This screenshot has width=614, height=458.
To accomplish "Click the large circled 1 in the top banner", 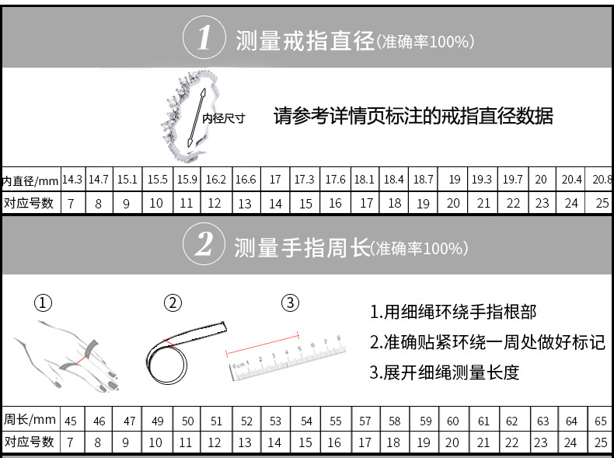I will [204, 38].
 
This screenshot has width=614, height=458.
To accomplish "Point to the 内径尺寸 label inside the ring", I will [224, 118].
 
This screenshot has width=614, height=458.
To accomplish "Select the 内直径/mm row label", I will [30, 180].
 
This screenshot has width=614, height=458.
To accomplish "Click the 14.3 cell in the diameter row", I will [72, 180].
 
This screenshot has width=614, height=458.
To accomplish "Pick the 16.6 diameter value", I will [246, 180].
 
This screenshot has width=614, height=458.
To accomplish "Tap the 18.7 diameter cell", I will [424, 180].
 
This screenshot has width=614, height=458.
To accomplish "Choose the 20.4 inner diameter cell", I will [572, 180].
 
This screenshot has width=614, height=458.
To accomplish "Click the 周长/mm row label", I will [30, 420].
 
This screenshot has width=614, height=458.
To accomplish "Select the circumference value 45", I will [71, 421].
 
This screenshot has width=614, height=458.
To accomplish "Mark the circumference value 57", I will [365, 421].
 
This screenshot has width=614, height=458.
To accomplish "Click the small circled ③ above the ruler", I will [290, 302].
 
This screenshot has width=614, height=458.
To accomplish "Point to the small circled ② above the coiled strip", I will [173, 302].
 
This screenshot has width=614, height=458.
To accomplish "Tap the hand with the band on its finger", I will [66, 354].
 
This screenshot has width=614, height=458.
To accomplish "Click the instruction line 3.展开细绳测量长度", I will [444, 372].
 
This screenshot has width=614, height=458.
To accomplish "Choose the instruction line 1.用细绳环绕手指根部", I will [452, 313].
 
